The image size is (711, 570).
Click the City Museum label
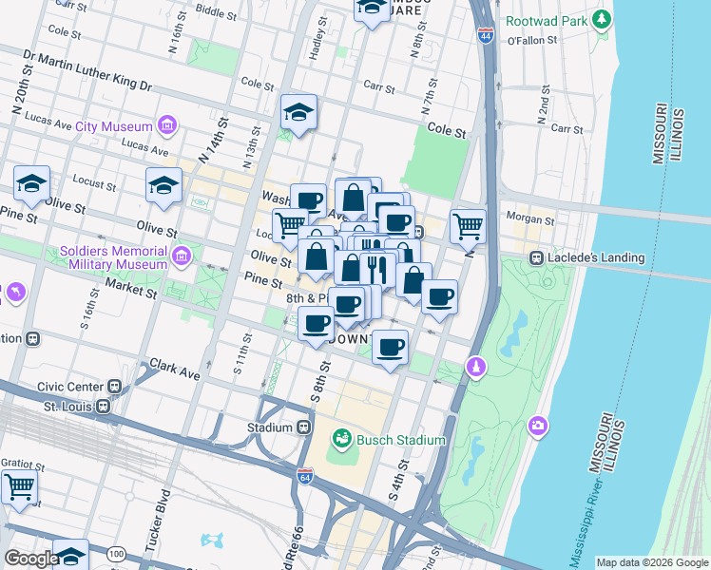tap(114, 126)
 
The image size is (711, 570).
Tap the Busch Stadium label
tap(399, 440)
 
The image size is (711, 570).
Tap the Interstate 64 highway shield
tap(305, 475)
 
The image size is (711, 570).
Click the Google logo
tap(31, 559)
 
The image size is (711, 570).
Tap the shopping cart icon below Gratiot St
tap(20, 487)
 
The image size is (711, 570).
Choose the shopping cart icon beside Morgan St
tap(468, 227)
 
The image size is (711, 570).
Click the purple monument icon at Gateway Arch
tap(476, 367)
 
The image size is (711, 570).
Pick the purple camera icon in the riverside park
tap(539, 427)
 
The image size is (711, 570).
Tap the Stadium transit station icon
tap(304, 427)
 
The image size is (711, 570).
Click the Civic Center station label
tap(69, 387)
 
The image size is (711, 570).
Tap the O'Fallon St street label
tap(530, 41)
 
